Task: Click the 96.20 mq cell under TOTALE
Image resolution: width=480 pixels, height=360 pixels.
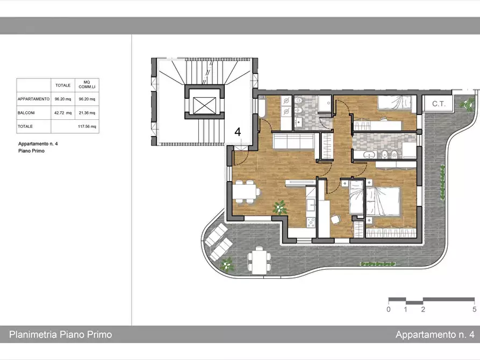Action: (x=63, y=99)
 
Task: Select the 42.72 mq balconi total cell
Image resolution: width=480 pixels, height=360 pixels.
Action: (x=63, y=113)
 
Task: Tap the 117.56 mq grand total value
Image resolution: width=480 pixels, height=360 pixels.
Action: (x=87, y=126)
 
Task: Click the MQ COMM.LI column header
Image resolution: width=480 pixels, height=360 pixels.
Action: (x=87, y=85)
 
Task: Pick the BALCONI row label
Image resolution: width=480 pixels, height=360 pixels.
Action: (x=26, y=113)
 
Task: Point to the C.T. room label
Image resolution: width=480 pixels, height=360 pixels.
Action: (x=439, y=104)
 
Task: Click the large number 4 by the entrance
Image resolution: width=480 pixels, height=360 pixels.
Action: (x=238, y=132)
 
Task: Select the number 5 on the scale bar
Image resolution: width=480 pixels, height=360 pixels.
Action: (x=474, y=309)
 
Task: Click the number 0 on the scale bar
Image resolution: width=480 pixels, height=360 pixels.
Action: (x=389, y=309)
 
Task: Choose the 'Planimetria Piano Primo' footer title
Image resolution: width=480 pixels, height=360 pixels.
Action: (x=61, y=334)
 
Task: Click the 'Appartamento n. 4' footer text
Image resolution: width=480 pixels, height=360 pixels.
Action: (x=435, y=334)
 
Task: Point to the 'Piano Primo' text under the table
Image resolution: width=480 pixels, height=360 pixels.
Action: (x=31, y=151)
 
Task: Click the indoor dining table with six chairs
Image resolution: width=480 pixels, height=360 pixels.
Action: (x=246, y=192)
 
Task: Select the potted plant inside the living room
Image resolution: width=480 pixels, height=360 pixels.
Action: (x=280, y=207)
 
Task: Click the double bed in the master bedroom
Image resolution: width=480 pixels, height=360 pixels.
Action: (x=383, y=201)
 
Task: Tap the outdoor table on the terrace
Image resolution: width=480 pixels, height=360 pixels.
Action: (x=259, y=260)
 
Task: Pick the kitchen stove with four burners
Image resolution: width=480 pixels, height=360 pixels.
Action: (x=311, y=222)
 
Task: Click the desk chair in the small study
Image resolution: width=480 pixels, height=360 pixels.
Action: (x=335, y=219)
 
